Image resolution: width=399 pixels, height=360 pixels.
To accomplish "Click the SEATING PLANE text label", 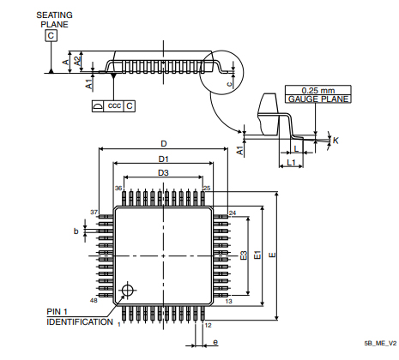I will click(x=53, y=20).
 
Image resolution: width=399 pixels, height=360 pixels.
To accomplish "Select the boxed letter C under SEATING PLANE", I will click(x=51, y=36).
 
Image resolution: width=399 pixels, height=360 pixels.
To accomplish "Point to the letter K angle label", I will click(x=335, y=139).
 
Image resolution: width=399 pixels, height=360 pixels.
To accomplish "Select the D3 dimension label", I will click(x=163, y=173).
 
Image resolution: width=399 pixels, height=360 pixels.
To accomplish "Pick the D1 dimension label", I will click(x=163, y=159).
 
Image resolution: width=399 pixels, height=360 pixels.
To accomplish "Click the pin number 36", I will click(x=119, y=188).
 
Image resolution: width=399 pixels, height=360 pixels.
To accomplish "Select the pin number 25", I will click(x=206, y=188).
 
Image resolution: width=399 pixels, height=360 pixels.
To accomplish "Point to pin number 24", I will click(x=233, y=212).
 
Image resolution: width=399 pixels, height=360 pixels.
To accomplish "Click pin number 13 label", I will click(x=229, y=302).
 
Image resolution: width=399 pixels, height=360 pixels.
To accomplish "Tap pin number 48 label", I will click(x=94, y=301).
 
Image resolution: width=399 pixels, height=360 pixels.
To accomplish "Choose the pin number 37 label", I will click(x=94, y=211).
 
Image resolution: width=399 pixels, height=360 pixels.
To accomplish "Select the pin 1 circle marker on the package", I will click(x=129, y=290).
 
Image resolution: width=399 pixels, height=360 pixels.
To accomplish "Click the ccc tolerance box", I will click(x=113, y=105).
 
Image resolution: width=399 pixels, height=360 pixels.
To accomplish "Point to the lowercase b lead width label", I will click(x=76, y=231).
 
